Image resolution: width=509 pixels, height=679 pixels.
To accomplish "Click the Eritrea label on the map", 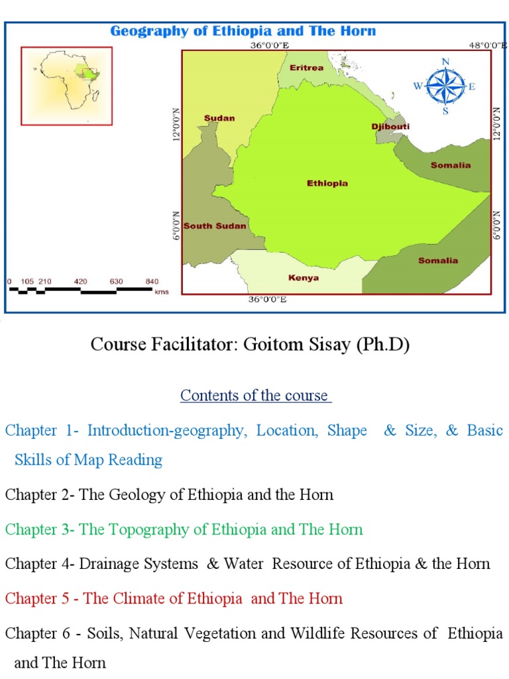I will click(x=306, y=68).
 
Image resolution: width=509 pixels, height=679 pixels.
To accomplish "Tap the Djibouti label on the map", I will click(x=390, y=126).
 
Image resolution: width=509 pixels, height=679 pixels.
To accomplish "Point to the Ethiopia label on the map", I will click(x=327, y=184).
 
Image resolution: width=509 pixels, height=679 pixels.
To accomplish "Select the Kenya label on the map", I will click(x=304, y=278).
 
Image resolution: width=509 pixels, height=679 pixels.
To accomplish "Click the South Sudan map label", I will click(x=215, y=225).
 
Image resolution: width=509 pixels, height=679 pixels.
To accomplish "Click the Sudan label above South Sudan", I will click(x=219, y=118).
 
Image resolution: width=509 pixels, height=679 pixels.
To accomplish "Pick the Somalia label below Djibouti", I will click(x=451, y=165).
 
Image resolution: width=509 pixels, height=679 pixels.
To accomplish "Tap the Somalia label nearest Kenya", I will click(x=438, y=261).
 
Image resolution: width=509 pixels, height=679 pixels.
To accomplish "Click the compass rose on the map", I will click(x=445, y=86).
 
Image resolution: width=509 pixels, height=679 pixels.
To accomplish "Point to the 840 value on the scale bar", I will click(x=152, y=282).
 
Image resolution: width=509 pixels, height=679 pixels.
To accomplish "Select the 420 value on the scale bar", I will click(x=81, y=282).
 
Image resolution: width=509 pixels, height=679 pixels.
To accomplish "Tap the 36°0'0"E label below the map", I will click(x=268, y=300).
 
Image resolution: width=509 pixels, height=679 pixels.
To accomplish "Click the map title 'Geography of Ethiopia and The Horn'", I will click(x=243, y=31).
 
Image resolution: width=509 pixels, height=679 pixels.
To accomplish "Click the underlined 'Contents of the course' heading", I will click(x=256, y=396).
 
